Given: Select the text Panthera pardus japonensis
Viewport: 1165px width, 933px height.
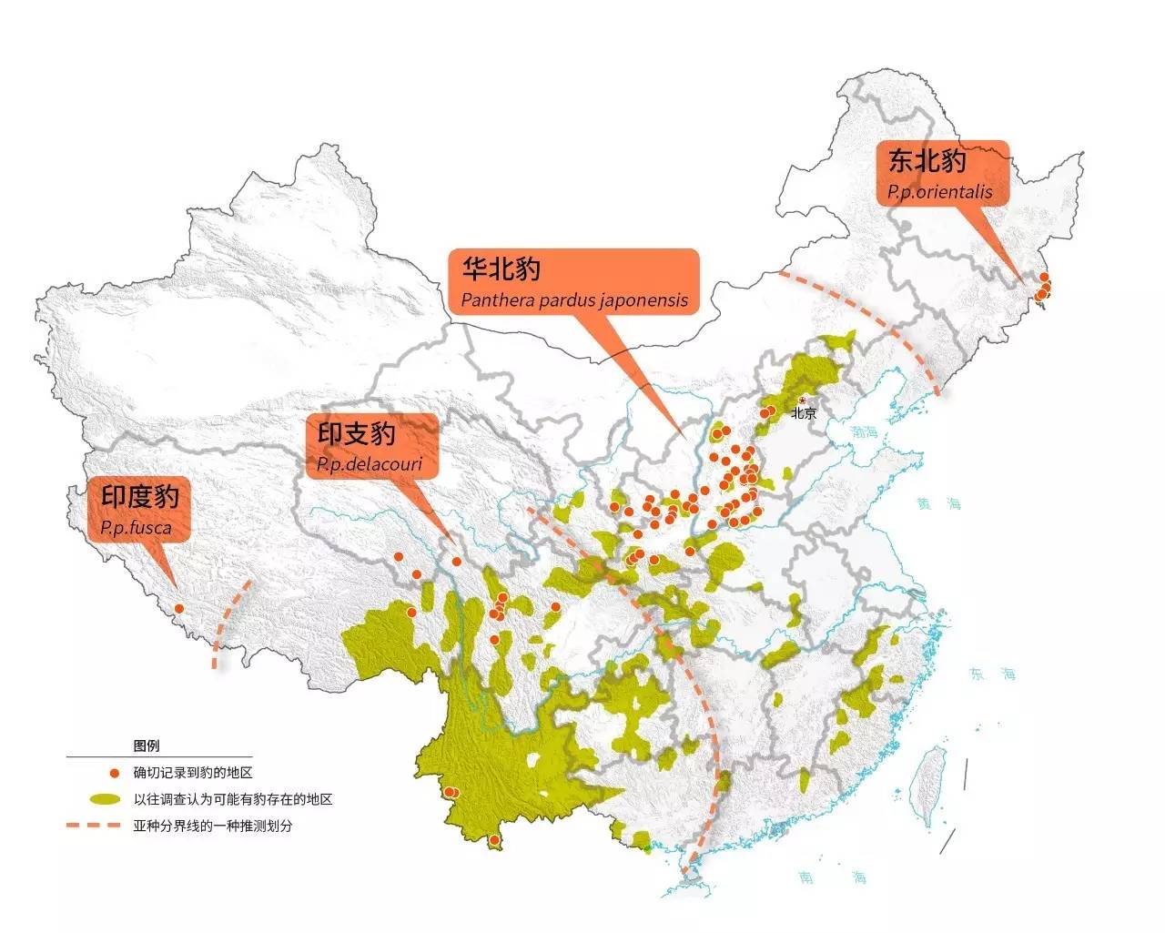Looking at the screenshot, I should click(574, 299).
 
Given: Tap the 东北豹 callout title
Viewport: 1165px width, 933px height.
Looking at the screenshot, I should click(927, 161).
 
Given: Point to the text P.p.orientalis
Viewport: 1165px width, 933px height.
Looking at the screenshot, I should click(940, 192).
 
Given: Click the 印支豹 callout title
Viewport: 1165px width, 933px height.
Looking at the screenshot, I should click(357, 434).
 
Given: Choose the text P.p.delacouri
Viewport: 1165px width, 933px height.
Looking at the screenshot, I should click(370, 465).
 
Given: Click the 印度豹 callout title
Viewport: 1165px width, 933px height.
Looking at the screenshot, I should click(140, 496).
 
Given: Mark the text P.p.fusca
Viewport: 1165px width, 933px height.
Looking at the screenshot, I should click(136, 527).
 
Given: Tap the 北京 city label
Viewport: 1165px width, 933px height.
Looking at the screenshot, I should click(804, 413).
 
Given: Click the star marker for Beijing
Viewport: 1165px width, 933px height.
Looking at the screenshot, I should click(802, 401).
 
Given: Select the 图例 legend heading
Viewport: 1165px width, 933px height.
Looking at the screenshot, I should click(147, 745).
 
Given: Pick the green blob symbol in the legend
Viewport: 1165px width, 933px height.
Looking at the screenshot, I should click(106, 799).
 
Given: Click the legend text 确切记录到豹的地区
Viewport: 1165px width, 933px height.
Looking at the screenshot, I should click(193, 773).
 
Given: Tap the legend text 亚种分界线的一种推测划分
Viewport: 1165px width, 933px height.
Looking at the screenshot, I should click(213, 826).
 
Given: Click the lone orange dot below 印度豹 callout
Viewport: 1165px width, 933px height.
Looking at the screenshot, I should click(178, 608).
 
